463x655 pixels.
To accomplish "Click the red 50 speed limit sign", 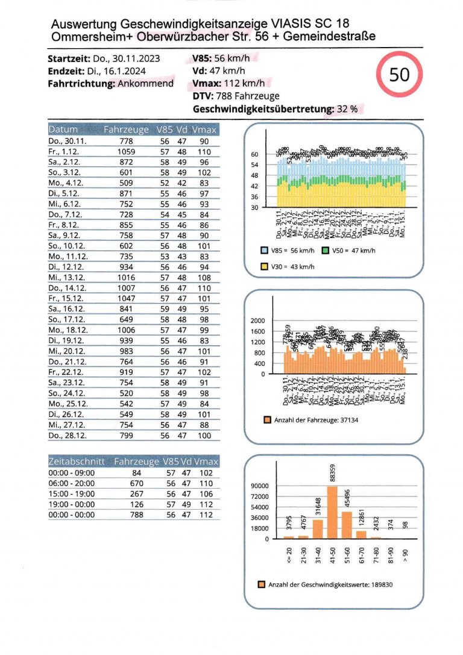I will coord(399,75).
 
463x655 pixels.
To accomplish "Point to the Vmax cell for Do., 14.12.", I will coord(204,289).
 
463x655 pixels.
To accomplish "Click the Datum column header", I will coord(63,130).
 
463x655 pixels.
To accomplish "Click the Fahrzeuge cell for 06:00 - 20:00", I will coord(136,483).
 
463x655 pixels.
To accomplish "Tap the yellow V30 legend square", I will coord(264,267).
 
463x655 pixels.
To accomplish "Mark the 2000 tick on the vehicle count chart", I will coord(257,321).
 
